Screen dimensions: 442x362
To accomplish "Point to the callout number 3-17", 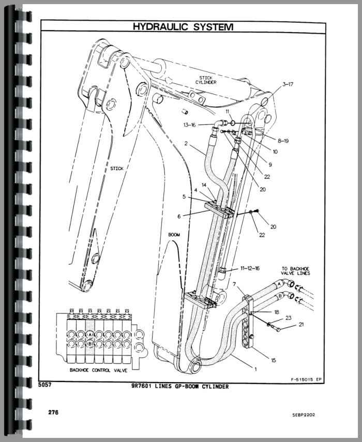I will [291, 84].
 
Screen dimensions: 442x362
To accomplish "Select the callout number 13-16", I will [190, 125].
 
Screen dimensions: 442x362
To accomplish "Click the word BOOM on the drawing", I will [174, 235].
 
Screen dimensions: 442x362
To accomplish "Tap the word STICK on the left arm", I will [117, 169].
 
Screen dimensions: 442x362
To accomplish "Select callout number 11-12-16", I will [250, 268].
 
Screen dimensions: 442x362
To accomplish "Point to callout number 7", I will [234, 285].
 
